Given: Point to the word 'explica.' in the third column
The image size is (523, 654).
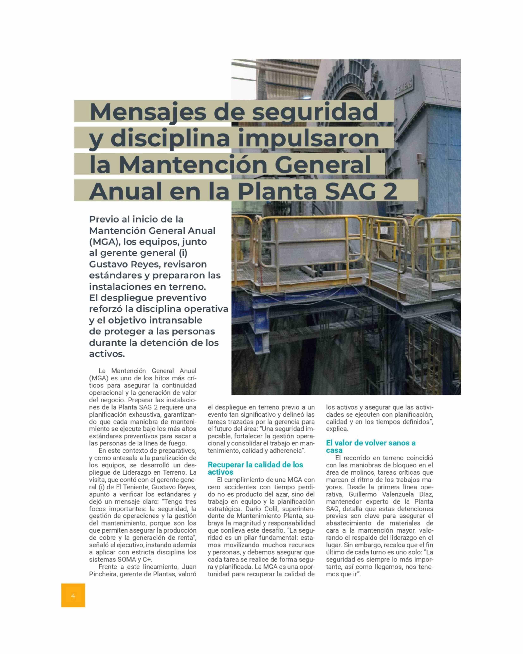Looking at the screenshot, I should click(x=337, y=429).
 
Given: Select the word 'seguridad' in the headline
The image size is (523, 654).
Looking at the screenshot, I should click(x=315, y=112).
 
